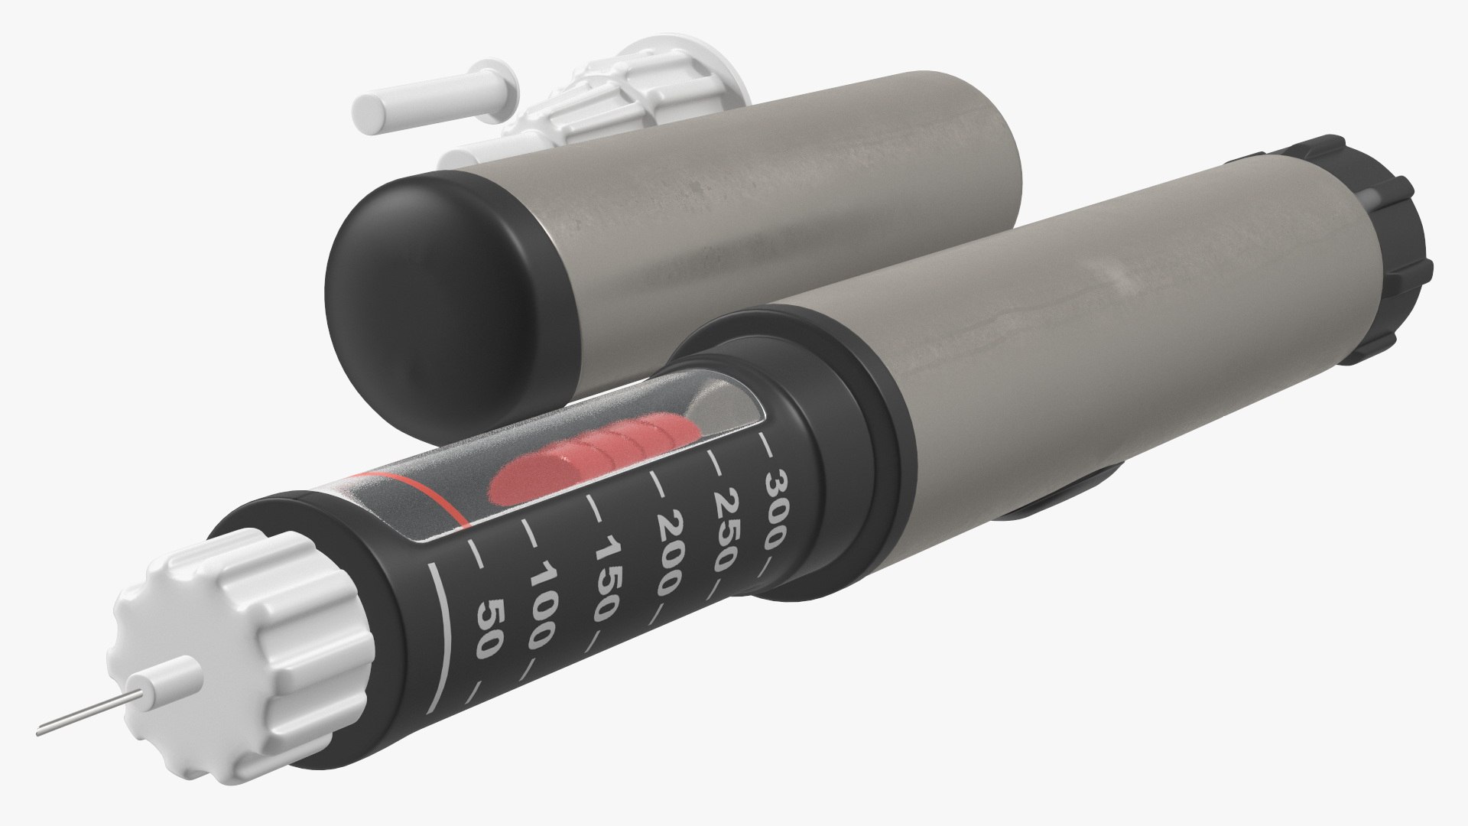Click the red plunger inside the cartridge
tap(589, 459)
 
